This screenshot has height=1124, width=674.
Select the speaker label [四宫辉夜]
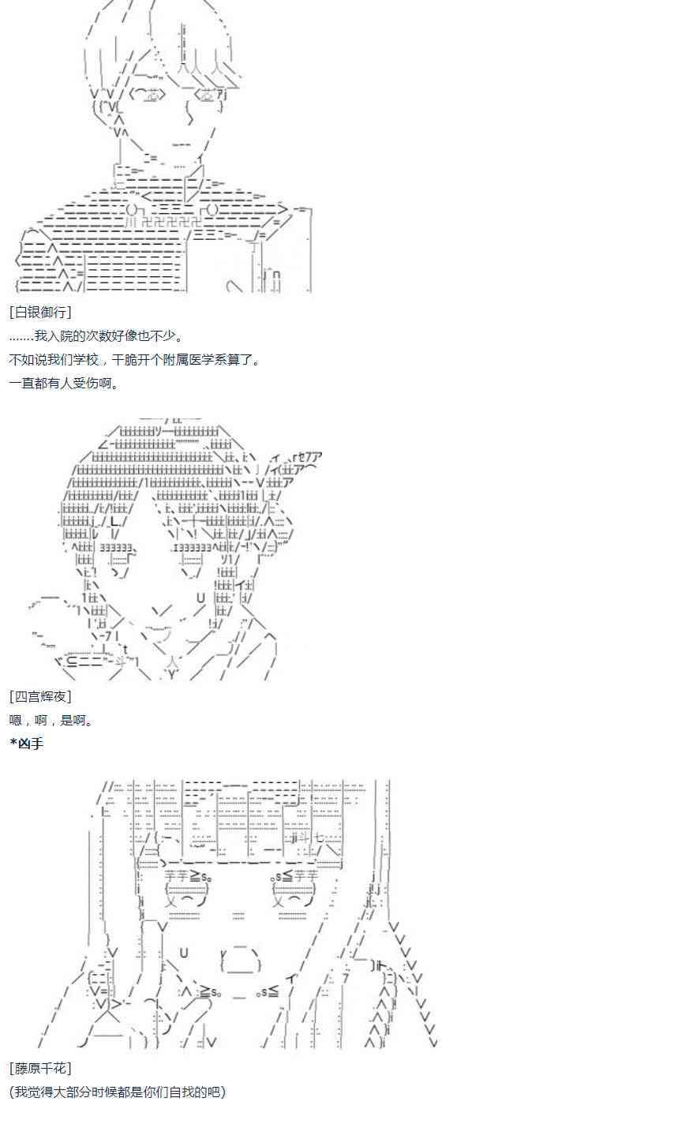(40, 696)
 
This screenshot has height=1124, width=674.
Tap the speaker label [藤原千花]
(40, 1068)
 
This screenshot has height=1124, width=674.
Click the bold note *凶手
(27, 743)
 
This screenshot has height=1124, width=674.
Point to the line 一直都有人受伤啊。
(64, 384)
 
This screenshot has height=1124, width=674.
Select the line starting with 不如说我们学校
(134, 360)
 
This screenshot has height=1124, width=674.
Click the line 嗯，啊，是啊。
(51, 720)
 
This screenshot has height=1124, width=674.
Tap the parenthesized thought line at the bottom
(118, 1092)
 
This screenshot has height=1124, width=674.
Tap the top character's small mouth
(182, 144)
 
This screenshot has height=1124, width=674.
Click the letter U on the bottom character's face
(184, 954)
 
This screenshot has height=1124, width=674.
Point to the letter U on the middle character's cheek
(200, 597)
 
